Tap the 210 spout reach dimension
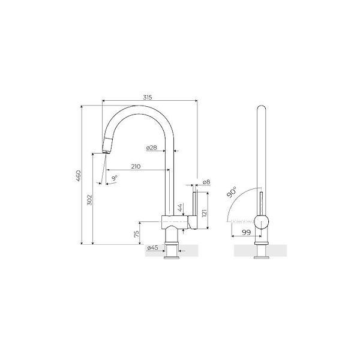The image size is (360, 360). [136, 167]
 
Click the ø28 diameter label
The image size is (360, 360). [151, 148]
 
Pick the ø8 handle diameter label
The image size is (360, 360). [205, 181]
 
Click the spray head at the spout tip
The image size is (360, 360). [107, 145]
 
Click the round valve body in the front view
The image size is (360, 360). [262, 221]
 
